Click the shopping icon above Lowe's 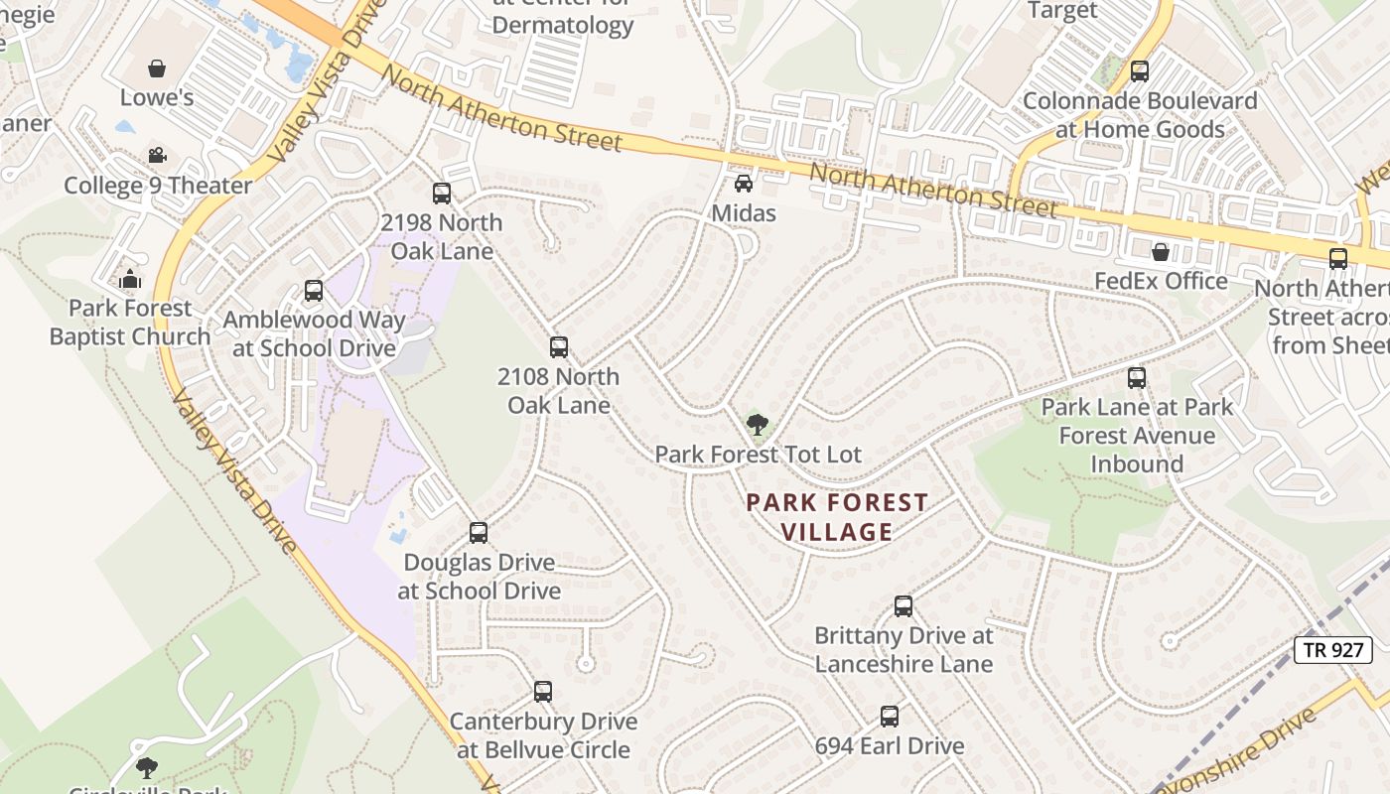click(156, 68)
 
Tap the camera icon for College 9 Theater click(157, 156)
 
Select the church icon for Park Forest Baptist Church click(130, 279)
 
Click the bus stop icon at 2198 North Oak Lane click(442, 194)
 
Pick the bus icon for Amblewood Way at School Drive click(314, 291)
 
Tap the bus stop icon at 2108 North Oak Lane click(559, 347)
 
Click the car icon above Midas click(743, 184)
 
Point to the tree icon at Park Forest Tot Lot click(758, 425)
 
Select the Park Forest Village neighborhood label click(837, 517)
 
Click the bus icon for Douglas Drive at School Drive click(479, 533)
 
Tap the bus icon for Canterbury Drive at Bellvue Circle click(543, 692)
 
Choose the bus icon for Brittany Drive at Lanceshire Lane click(903, 605)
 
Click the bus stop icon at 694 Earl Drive click(890, 716)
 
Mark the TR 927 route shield click(1333, 650)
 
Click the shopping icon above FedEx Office click(1160, 252)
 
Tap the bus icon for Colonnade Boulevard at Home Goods click(1140, 71)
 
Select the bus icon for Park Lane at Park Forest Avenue click(1137, 378)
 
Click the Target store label click(1062, 11)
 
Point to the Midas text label click(744, 213)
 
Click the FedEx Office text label click(1161, 281)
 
